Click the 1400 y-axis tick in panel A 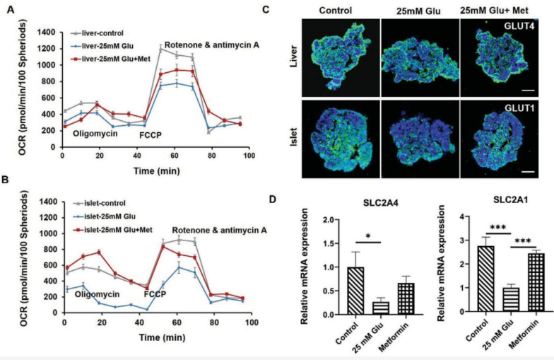pyautogui.click(x=46, y=33)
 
